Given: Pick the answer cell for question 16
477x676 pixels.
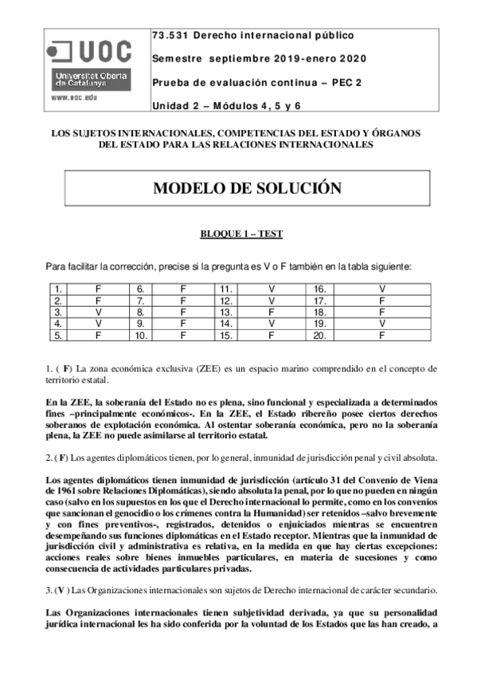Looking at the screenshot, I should [382, 288].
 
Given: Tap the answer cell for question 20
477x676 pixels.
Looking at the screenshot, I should [382, 336].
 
